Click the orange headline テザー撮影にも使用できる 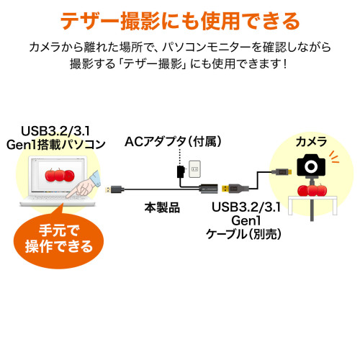pos(180,21)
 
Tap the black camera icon pos(311,166)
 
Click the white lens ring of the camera pos(311,166)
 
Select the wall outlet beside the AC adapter pos(194,169)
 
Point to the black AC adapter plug pos(180,171)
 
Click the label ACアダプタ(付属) pos(173,142)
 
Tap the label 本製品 pos(162,207)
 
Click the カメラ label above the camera pos(311,142)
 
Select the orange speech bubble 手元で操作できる pos(58,239)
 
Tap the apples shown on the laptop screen pos(60,175)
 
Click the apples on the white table pos(312,190)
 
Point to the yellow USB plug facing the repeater pos(225,188)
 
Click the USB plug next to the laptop pos(114,189)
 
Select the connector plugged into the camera pos(282,171)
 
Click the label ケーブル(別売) pos(243,234)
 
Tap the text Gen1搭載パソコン pos(55,145)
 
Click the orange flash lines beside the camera pos(333,157)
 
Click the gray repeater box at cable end pos(208,188)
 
